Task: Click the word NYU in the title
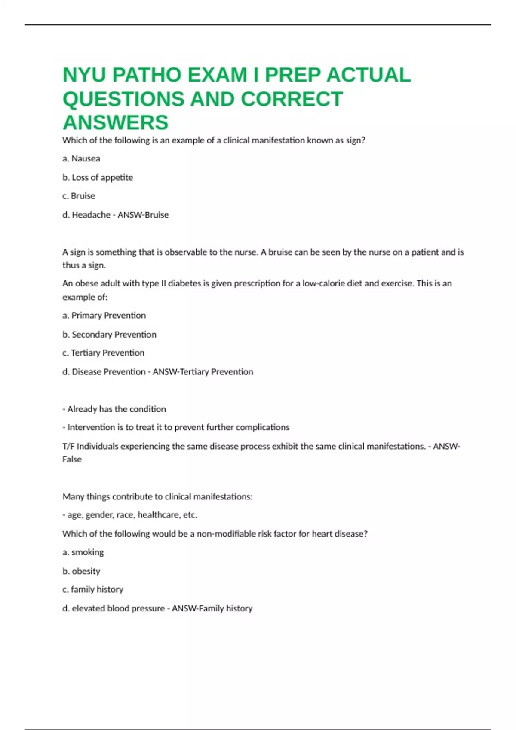click(84, 75)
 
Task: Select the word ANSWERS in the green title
click(115, 122)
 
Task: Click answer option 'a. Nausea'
click(81, 158)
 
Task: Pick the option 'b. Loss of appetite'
click(98, 177)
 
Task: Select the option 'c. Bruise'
click(79, 196)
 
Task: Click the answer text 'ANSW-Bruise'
click(143, 215)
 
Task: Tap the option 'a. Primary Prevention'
click(104, 315)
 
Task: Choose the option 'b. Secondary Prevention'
click(109, 334)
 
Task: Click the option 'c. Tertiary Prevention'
click(103, 353)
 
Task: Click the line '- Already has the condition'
click(114, 409)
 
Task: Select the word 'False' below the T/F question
click(72, 459)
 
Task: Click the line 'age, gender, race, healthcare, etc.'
click(132, 514)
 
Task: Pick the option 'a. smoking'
click(83, 552)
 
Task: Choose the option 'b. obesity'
click(81, 571)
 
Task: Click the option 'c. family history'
click(93, 589)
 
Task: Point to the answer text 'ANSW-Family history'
click(212, 608)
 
